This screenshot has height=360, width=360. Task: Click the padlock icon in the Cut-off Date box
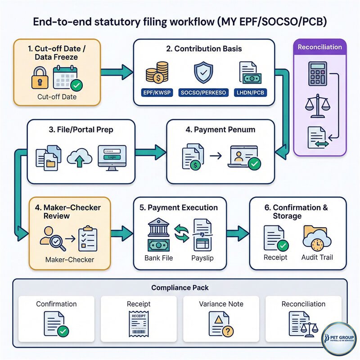pos(40,78)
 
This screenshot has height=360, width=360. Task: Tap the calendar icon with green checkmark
pos(65,78)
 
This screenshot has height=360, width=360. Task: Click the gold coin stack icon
pos(157,72)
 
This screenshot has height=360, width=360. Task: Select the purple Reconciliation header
pos(320,47)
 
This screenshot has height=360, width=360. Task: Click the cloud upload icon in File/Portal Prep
pos(79,157)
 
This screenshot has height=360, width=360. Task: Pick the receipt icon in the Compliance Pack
pos(138,323)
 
